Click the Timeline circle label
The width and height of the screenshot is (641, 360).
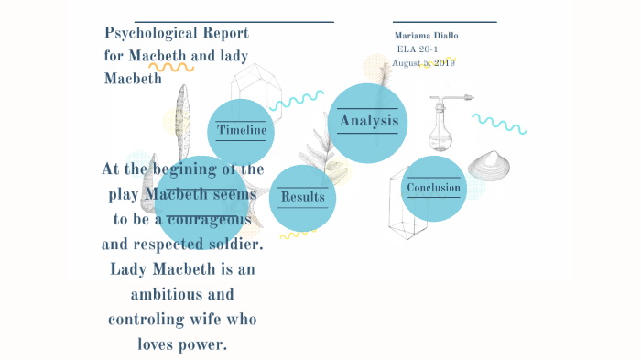coord(242,131)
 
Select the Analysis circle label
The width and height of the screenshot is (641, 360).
coord(368,121)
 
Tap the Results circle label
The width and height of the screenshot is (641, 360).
coord(303,196)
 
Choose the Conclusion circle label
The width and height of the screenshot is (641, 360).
coord(434,189)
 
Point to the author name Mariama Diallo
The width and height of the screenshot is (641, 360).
coord(426,36)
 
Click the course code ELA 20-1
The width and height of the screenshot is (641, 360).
coord(422,49)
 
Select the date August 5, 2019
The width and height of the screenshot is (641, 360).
coord(423,63)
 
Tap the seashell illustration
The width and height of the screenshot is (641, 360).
coord(493,166)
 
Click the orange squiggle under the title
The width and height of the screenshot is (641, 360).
coord(171,66)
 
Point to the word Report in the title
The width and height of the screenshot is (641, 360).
coord(226,34)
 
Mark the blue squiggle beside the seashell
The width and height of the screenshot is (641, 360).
coord(498,123)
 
